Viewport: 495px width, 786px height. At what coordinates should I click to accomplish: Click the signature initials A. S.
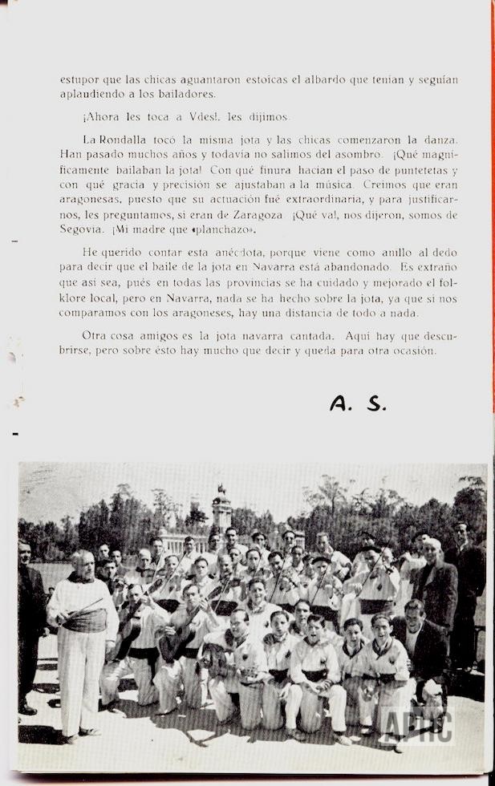click(358, 403)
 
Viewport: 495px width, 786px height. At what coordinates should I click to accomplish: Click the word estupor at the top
click(79, 79)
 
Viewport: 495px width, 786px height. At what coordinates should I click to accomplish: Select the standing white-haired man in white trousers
click(82, 642)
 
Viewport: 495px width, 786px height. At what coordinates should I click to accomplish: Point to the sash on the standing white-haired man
click(85, 619)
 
